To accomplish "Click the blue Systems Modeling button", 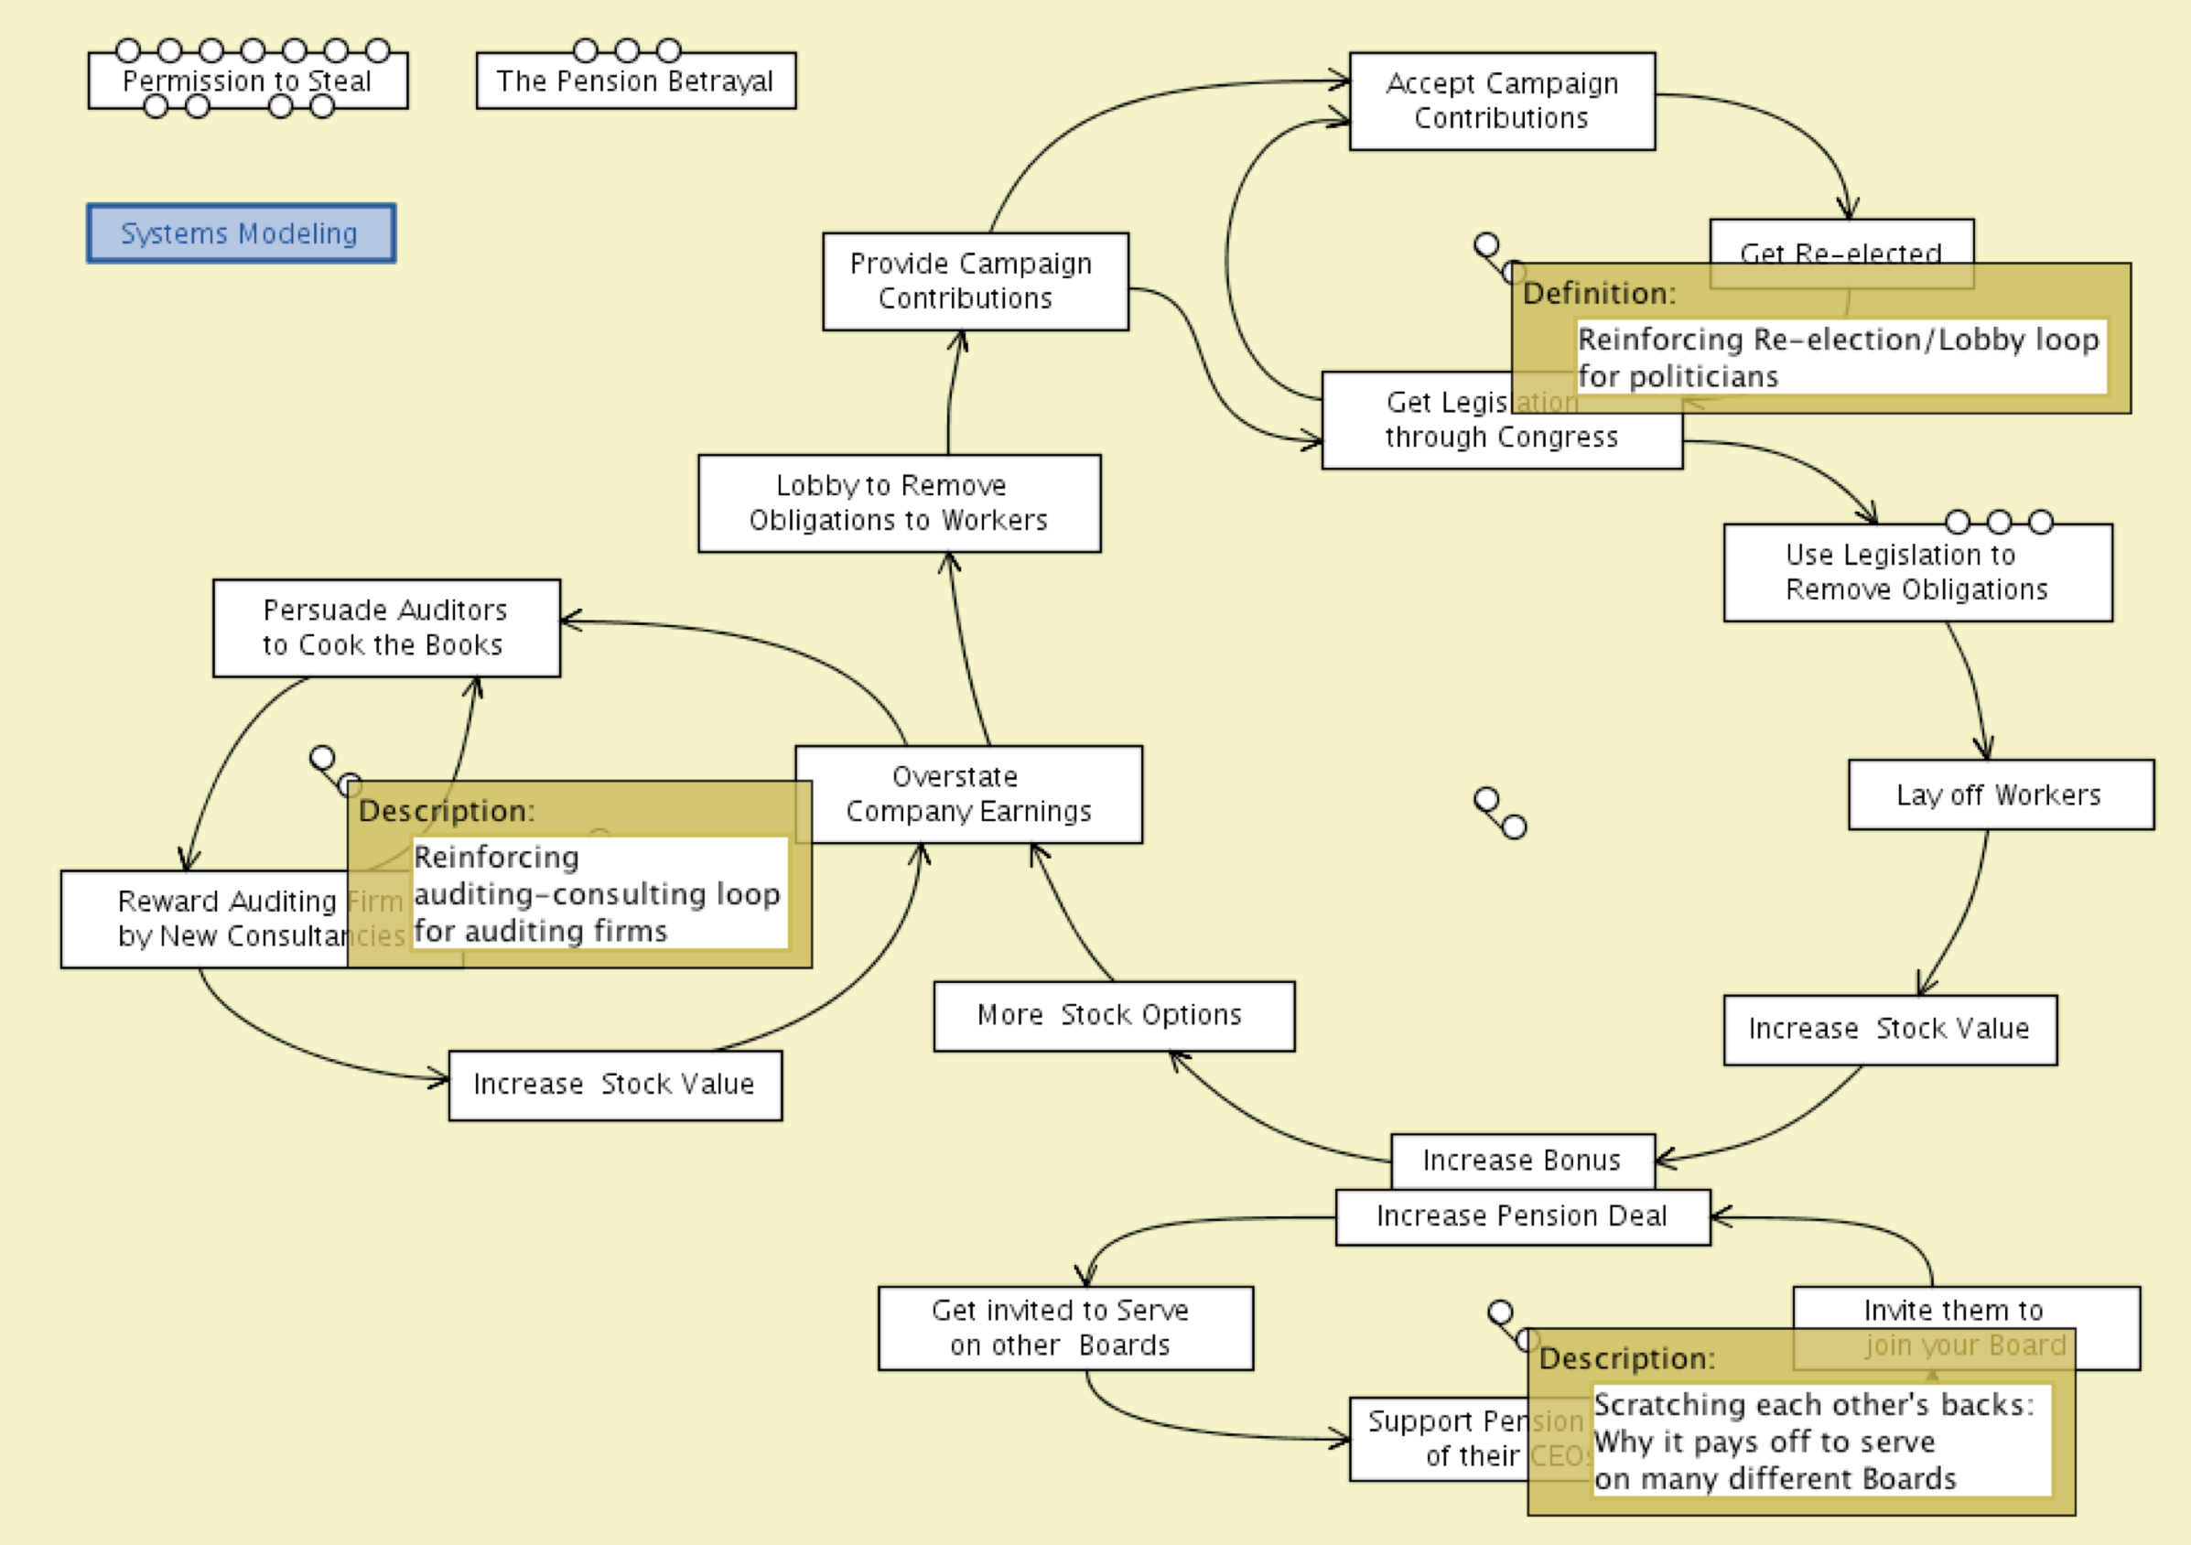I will (x=241, y=232).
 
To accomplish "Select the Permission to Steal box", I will (x=247, y=81).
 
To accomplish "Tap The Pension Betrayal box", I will (x=635, y=81).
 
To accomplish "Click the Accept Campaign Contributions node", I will (x=1501, y=100).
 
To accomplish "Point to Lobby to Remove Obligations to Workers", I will (x=898, y=502).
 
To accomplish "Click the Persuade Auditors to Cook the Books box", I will (x=385, y=627).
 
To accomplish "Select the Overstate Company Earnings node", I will (x=967, y=793).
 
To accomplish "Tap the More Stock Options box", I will (x=1113, y=1015).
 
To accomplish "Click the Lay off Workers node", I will (x=2000, y=794).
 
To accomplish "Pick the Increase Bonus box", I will (x=1522, y=1160).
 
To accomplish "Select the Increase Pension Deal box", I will (x=1522, y=1215).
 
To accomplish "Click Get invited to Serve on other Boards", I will (x=1064, y=1327).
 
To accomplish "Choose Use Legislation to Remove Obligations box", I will (x=1917, y=572).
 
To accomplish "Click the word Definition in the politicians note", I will (x=1598, y=293).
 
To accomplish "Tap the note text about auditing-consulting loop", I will (x=599, y=893).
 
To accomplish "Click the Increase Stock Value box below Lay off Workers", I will (x=1890, y=1029).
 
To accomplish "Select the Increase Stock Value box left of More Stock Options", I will (x=614, y=1085).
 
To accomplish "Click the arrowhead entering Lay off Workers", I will (x=1985, y=752).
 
